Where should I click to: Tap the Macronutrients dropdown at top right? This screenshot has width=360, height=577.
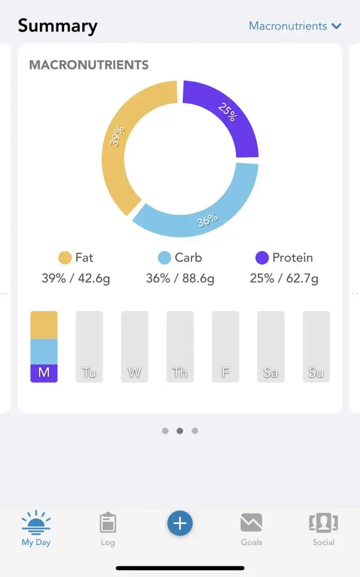[295, 26]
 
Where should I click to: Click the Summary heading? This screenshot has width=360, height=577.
[57, 26]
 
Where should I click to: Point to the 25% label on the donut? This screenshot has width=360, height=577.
[227, 112]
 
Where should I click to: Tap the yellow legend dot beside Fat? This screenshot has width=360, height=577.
[65, 258]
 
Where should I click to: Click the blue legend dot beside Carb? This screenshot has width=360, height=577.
[165, 258]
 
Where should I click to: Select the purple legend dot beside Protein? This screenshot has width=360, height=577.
[262, 258]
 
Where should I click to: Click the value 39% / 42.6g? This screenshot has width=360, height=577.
[76, 278]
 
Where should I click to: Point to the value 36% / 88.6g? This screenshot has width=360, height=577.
[180, 278]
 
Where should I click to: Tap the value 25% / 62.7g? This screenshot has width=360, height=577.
[284, 278]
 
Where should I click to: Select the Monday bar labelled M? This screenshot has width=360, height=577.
[44, 347]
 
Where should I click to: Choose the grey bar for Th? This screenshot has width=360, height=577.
[180, 347]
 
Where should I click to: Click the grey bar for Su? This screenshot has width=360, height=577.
[316, 347]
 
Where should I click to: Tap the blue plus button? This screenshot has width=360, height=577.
[180, 523]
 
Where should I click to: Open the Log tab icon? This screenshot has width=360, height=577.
[108, 523]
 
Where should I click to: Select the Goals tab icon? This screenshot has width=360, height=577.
[251, 523]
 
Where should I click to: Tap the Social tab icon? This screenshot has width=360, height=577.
[323, 523]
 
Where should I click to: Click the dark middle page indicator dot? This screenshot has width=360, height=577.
[180, 431]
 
